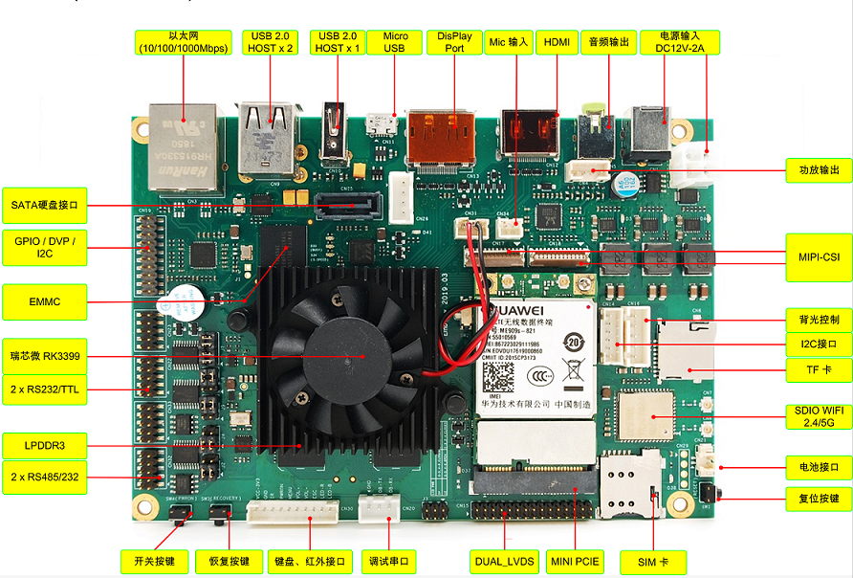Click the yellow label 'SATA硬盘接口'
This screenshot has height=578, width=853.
45,204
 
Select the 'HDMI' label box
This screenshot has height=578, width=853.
556,42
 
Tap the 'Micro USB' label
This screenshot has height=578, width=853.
395,42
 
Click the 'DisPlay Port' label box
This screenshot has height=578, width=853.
454,42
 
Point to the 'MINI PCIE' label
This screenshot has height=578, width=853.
575,561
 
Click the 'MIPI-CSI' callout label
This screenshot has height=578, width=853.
818,256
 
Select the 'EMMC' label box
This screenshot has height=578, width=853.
45,301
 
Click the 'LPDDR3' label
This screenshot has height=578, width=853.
45,444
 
